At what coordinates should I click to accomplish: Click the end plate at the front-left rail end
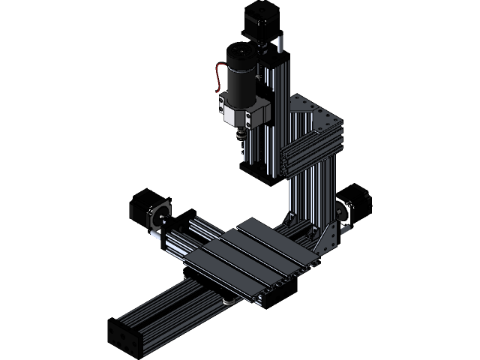point(124,338)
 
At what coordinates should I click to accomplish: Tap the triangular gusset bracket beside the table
point(327,239)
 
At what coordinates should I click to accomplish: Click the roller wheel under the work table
point(226,302)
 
